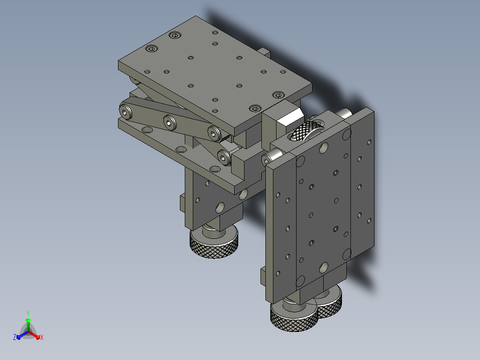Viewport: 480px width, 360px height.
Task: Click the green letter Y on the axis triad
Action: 28,313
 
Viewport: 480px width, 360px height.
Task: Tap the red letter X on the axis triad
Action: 42,337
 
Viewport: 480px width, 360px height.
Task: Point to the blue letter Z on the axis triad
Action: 15,337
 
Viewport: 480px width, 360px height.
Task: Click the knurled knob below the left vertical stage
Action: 214,243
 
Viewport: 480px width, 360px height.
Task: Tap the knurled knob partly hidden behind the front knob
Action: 329,302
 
